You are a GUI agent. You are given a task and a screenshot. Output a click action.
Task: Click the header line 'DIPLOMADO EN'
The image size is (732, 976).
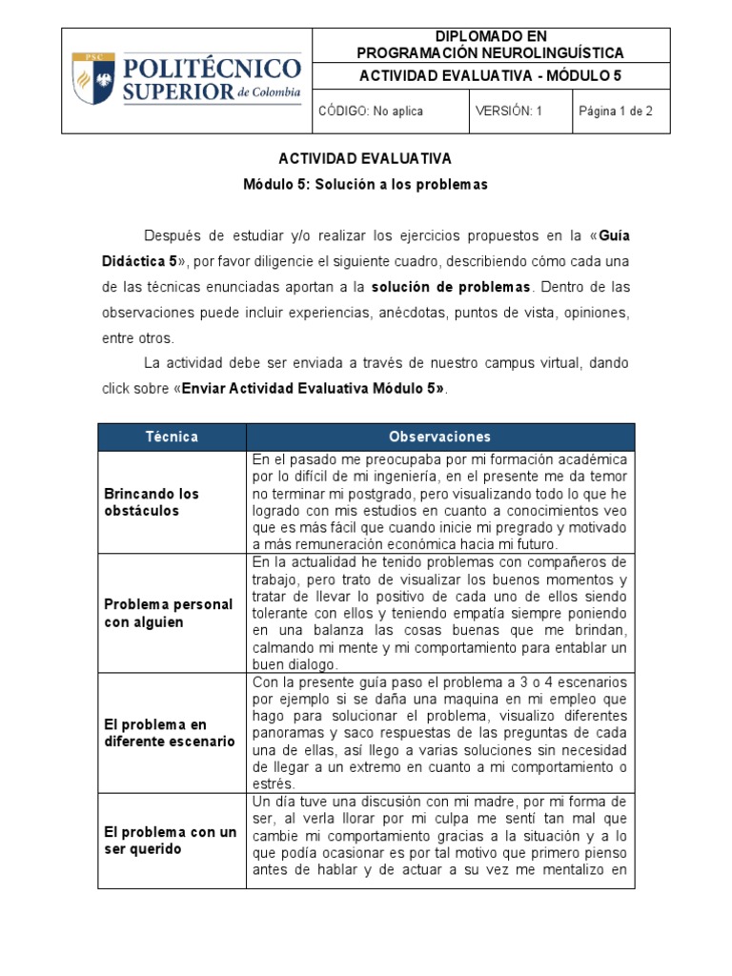(x=490, y=36)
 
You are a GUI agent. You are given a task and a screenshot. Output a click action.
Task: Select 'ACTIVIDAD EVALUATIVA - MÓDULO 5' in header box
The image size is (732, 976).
(x=490, y=76)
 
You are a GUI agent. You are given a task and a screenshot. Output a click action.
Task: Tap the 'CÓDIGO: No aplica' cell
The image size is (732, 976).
(x=371, y=111)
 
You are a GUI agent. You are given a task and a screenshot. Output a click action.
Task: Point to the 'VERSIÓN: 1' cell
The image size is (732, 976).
(x=509, y=111)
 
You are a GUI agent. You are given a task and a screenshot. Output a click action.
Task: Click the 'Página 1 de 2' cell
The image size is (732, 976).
(x=615, y=111)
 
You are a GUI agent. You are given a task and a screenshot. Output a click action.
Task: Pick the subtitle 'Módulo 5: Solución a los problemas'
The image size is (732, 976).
(x=365, y=184)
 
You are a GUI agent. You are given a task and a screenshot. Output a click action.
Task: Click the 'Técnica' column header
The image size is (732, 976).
(x=172, y=437)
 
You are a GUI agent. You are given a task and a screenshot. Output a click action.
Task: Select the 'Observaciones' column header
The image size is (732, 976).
(x=439, y=437)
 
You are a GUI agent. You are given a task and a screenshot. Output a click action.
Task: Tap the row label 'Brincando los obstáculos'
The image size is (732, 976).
(x=152, y=501)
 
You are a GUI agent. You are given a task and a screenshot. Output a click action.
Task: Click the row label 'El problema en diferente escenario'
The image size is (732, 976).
(x=170, y=733)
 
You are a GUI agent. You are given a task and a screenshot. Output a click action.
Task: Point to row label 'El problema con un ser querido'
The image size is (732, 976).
(x=171, y=840)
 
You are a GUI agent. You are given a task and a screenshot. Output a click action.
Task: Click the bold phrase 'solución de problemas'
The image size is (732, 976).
(x=452, y=286)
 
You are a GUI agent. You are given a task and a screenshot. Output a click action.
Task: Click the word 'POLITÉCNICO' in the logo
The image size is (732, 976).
(x=212, y=70)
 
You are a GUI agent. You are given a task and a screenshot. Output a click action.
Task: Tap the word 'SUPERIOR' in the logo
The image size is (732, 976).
(x=178, y=91)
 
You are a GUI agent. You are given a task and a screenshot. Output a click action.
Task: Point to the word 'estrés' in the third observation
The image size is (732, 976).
(x=271, y=783)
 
